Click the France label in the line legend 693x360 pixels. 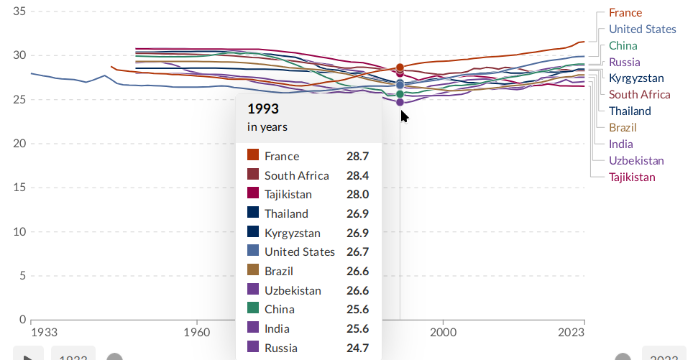(x=625, y=13)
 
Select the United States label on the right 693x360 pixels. (x=642, y=29)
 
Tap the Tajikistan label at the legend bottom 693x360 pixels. (x=632, y=177)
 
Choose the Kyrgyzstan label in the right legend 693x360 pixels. (x=636, y=78)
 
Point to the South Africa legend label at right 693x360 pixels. (x=639, y=95)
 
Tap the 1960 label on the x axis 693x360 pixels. (x=196, y=333)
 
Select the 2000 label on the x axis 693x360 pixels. (x=444, y=333)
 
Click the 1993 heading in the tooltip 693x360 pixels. (x=262, y=109)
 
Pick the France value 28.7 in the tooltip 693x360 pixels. (x=357, y=156)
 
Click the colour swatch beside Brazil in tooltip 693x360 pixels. (x=253, y=270)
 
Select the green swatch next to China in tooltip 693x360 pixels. (x=253, y=309)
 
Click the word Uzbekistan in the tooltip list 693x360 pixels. (x=293, y=290)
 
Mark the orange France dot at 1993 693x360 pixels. (x=400, y=68)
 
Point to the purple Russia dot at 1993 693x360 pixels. (x=400, y=103)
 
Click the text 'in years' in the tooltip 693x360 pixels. (x=267, y=127)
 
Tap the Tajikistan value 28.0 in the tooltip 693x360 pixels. (x=357, y=194)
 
